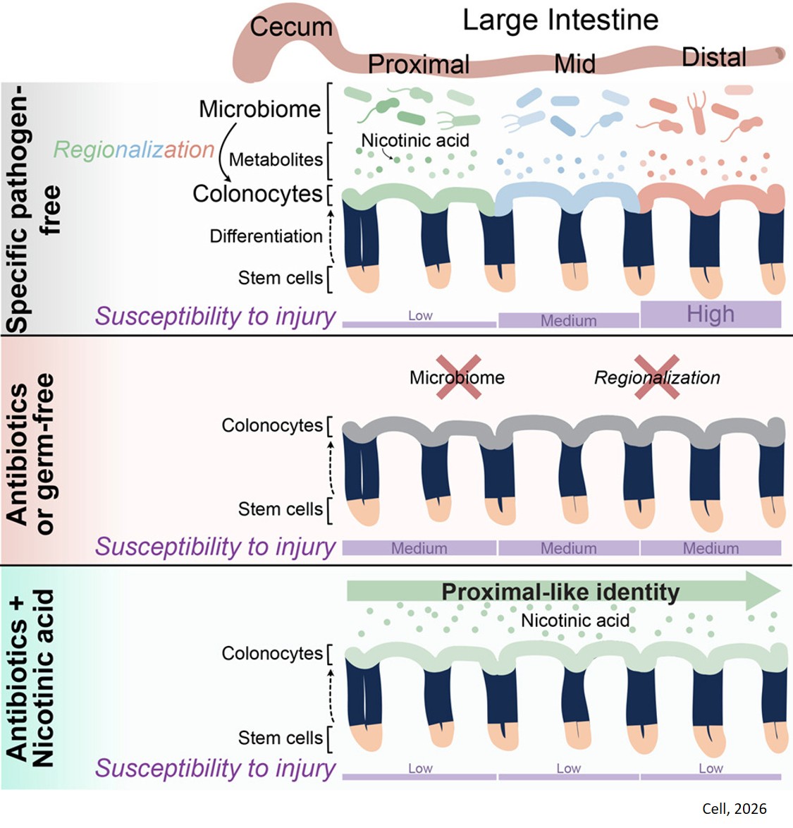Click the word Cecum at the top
click(x=290, y=27)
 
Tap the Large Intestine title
click(x=560, y=20)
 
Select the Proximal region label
click(x=418, y=64)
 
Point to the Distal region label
click(x=713, y=57)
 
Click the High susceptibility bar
click(x=711, y=314)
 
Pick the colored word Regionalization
click(x=134, y=150)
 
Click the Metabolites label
click(x=276, y=159)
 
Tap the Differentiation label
click(x=266, y=236)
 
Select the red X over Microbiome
click(x=457, y=377)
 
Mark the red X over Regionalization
click(x=656, y=377)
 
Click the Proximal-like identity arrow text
click(x=560, y=591)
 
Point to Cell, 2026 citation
click(x=734, y=808)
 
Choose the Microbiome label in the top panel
click(x=259, y=109)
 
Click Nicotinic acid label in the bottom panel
click(x=575, y=621)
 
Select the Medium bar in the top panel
click(x=568, y=320)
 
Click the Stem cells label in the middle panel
click(x=280, y=509)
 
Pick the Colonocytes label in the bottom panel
click(x=272, y=654)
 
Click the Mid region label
click(x=574, y=64)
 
